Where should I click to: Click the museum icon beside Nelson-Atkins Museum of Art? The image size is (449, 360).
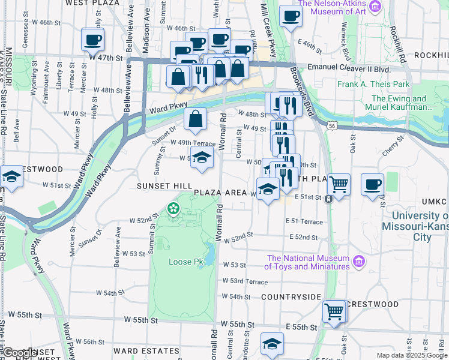point(376,7)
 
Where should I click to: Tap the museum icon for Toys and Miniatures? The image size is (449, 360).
point(359,261)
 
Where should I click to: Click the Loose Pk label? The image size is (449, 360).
point(185,262)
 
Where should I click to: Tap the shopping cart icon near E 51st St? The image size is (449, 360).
point(339,184)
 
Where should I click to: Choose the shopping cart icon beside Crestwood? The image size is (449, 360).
point(334,310)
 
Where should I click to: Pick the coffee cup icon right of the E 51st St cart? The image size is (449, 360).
point(372,184)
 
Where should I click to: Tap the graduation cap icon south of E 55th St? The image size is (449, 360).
point(272,344)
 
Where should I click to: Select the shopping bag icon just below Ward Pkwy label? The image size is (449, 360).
point(196,120)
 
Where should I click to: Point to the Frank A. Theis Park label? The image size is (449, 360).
point(373,85)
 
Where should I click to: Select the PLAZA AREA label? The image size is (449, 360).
point(220,193)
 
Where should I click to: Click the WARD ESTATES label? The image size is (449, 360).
point(146,350)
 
